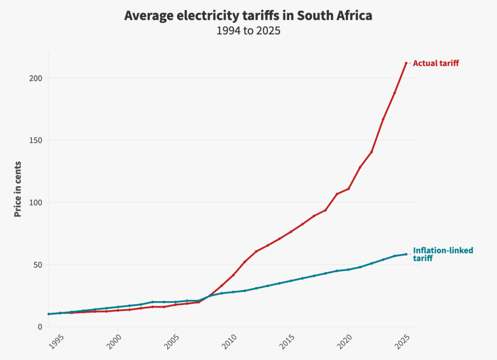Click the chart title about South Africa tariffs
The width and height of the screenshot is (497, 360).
coord(248,16)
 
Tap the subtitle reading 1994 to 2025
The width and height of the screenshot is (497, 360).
coord(248,31)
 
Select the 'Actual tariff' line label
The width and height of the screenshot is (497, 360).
coord(436,63)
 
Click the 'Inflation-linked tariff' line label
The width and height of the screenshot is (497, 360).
coord(443,254)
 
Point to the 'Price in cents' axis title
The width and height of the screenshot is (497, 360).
coord(18,189)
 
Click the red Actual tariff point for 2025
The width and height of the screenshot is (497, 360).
coord(406,63)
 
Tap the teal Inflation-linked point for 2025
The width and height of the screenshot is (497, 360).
coord(406,254)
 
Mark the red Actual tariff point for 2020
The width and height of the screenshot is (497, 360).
coord(349,189)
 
